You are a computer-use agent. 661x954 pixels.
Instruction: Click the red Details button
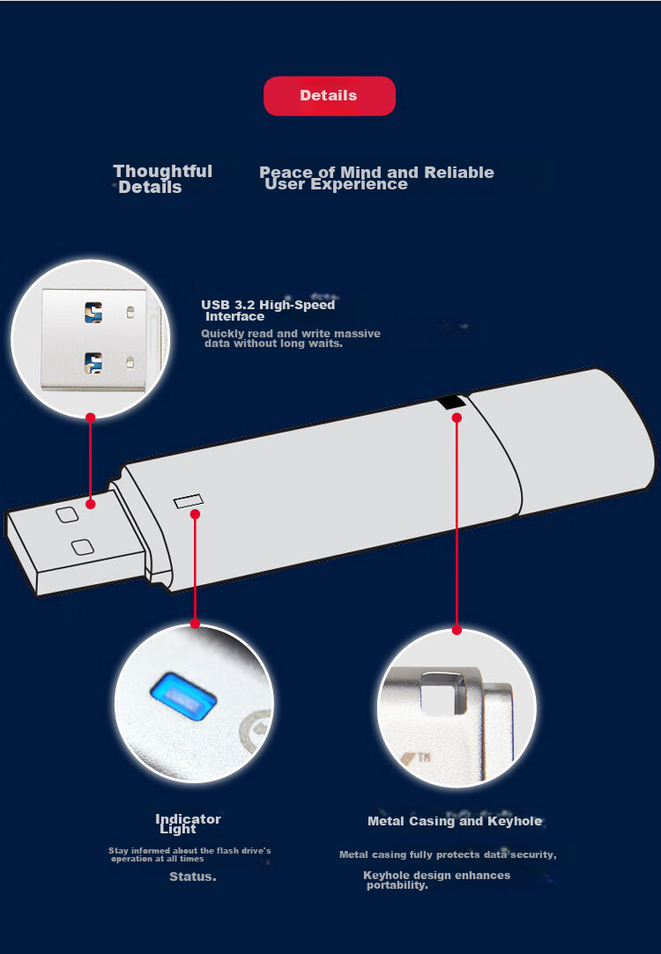click(330, 95)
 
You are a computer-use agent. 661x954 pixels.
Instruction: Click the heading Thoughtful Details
click(162, 179)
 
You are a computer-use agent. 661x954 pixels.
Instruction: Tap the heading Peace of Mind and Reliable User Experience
click(376, 178)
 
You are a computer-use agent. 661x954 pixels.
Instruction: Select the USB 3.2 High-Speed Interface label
click(268, 310)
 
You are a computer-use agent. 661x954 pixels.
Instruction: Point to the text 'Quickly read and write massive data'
click(290, 338)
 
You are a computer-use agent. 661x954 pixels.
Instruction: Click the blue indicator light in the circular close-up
click(183, 696)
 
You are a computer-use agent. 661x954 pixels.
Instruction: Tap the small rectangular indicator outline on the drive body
click(188, 501)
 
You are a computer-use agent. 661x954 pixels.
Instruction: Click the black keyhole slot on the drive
click(451, 403)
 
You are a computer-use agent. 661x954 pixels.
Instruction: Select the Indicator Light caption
click(188, 824)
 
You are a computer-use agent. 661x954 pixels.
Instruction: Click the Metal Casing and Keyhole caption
click(455, 821)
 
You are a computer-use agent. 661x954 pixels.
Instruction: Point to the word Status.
click(193, 876)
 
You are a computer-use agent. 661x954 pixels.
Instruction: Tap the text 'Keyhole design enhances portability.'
click(436, 880)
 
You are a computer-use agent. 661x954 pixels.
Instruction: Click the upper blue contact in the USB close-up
click(93, 313)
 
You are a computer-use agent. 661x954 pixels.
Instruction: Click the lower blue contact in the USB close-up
click(93, 363)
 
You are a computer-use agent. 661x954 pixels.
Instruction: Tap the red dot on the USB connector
click(91, 504)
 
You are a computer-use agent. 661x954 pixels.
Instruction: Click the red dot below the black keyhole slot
click(457, 418)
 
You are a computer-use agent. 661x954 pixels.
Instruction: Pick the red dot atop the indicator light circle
click(195, 624)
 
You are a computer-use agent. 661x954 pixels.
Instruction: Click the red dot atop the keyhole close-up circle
click(457, 631)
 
